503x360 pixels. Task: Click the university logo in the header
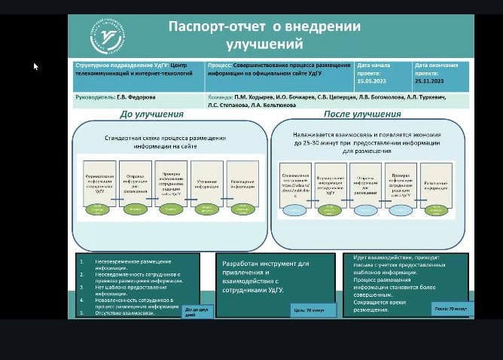click(x=108, y=37)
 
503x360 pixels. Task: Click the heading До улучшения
click(x=151, y=114)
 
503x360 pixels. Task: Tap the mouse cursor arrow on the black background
click(x=35, y=66)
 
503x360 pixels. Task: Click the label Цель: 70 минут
click(x=308, y=310)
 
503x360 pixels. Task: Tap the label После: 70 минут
click(x=450, y=309)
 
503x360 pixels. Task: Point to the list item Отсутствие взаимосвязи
click(x=127, y=313)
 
